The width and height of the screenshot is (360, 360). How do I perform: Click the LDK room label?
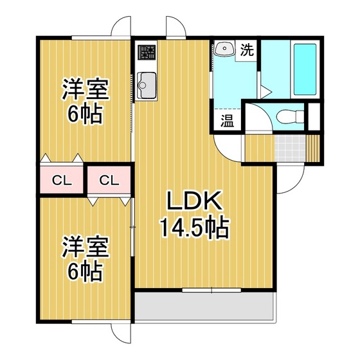pos(195,201)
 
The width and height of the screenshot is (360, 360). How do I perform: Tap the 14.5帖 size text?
pos(195,228)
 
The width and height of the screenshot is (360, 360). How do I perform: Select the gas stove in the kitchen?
pos(147,52)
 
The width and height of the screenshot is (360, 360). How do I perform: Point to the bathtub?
pos(305,69)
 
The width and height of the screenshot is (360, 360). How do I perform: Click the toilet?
pos(290,116)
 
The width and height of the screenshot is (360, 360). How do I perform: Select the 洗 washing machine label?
pos(247,50)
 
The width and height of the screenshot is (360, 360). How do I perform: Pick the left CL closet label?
pos(62,181)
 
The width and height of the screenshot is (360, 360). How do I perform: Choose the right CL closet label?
pos(109,181)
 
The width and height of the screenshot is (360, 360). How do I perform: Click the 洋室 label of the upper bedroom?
pos(85,89)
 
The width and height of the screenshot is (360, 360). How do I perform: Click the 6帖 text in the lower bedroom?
pos(85,271)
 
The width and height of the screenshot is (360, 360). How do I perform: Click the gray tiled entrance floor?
pos(290,148)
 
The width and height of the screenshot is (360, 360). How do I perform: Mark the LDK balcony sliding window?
pos(212,290)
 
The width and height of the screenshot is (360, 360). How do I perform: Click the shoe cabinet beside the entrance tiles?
pos(312,148)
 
